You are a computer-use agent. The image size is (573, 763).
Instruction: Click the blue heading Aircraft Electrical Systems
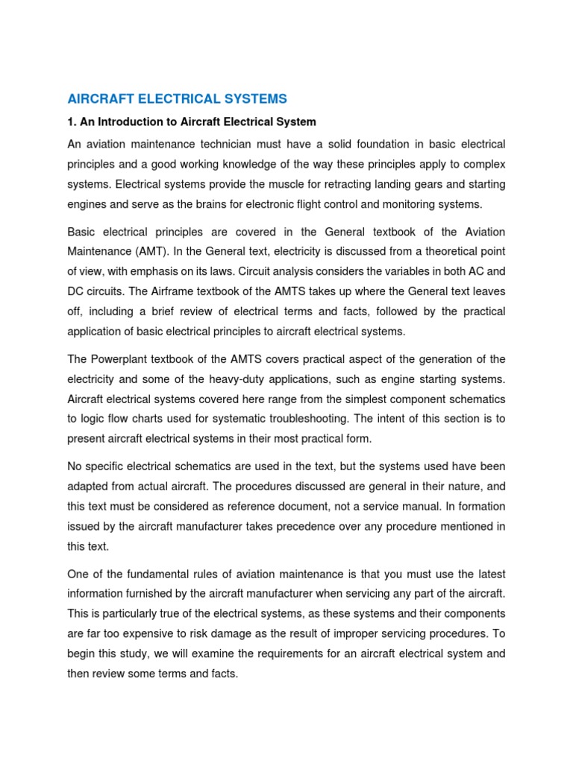(x=177, y=98)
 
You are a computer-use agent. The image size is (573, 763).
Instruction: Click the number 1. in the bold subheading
(x=72, y=121)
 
